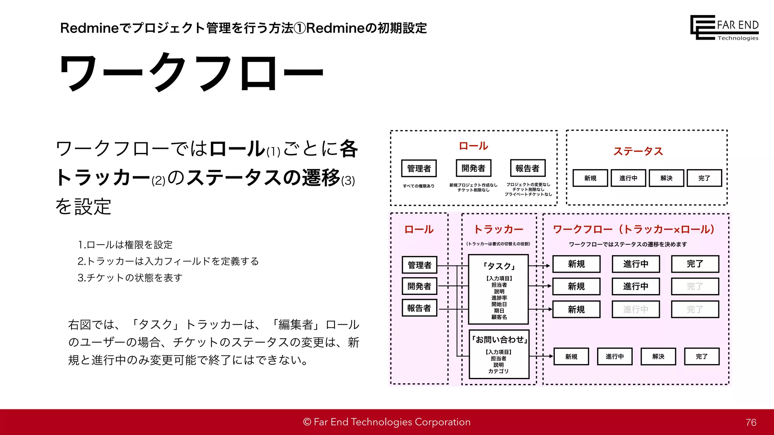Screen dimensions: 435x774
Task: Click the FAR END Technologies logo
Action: tap(724, 28)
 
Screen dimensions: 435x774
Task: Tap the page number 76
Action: tap(751, 423)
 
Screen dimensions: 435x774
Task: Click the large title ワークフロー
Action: tap(191, 72)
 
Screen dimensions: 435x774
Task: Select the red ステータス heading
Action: tap(638, 151)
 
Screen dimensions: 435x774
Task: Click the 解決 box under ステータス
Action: tap(666, 178)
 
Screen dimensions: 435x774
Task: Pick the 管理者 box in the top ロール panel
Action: tap(419, 168)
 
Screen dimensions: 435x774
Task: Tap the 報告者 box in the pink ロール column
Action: tap(419, 308)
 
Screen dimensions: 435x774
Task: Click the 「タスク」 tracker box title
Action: tap(498, 266)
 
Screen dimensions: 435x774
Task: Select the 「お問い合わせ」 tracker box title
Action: tap(499, 340)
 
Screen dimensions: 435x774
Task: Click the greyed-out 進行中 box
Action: tap(636, 310)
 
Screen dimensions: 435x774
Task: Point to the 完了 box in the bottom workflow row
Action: tap(701, 356)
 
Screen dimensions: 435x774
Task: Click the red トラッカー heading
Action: tap(498, 229)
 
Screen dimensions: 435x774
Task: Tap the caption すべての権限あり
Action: tap(418, 186)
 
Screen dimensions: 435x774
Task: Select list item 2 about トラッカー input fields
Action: tap(168, 261)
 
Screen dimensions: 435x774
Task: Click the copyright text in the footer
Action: tap(387, 422)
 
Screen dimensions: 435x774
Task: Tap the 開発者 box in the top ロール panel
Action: tap(473, 168)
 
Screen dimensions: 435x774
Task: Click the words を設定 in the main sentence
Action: tap(83, 207)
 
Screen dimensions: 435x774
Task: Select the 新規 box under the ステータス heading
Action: tap(590, 178)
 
